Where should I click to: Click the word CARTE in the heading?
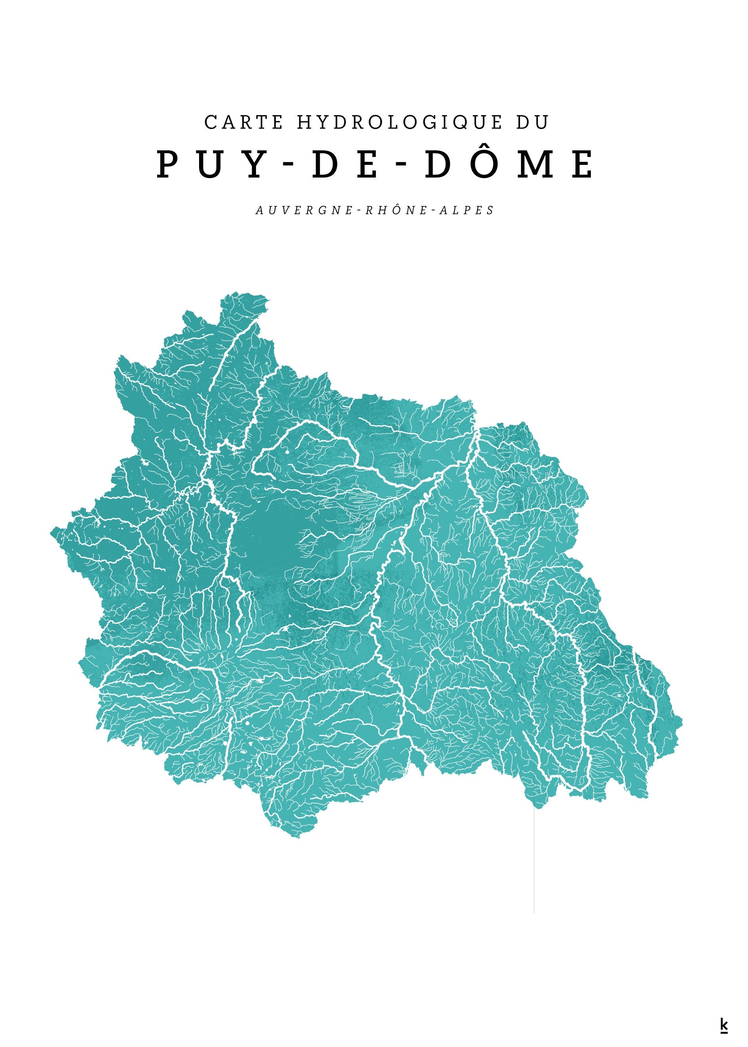coord(244,123)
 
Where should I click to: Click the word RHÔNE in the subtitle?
coord(396,210)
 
